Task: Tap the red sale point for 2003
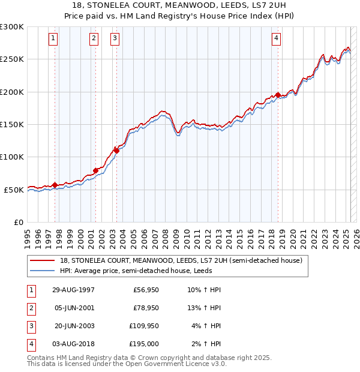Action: [116, 151]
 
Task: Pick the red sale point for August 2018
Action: [278, 95]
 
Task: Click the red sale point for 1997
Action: [55, 185]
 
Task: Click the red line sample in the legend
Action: [43, 260]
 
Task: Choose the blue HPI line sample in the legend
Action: [43, 271]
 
